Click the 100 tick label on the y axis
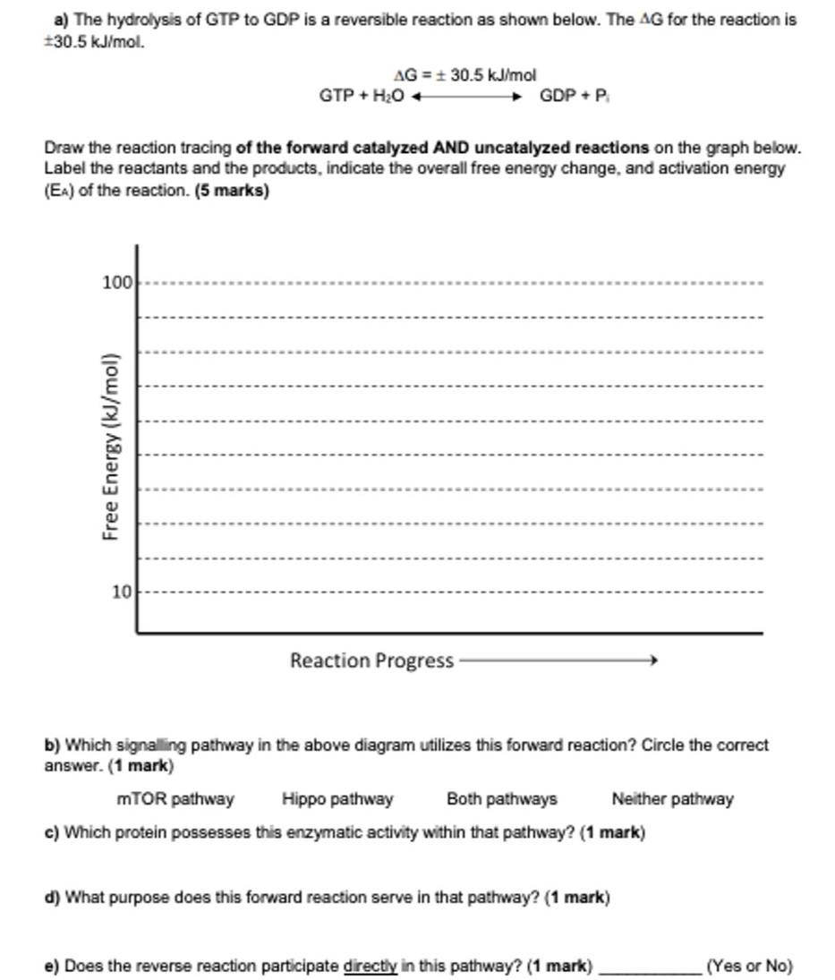point(117,283)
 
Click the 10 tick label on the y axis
point(122,592)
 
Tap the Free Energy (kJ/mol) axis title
point(111,446)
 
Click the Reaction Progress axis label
point(371,660)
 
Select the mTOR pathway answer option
point(175,798)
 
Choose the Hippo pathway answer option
point(337,798)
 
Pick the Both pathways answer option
point(501,798)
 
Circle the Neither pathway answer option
point(672,798)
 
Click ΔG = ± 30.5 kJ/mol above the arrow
point(464,75)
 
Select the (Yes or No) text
point(749,967)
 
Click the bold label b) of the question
point(52,745)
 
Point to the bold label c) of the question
point(52,832)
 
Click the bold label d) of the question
point(52,896)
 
